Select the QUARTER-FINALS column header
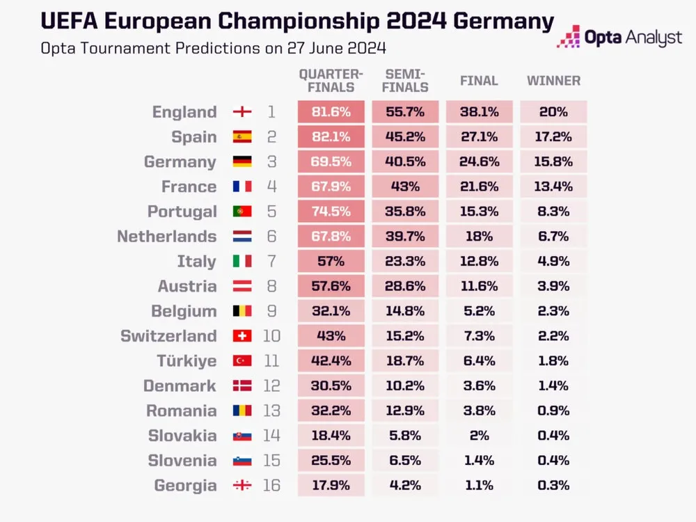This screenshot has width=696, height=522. pos(331,81)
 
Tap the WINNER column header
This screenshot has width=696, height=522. pos(553,81)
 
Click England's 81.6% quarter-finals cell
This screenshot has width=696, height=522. pos(331,112)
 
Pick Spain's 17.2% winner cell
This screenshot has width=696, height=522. pos(553,137)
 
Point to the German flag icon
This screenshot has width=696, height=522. pos(242,162)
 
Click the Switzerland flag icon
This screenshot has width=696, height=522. pos(242,336)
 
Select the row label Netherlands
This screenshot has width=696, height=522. pos(166,237)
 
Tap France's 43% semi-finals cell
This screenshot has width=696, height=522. pos(405,187)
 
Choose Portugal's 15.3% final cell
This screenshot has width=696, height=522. pos(479,212)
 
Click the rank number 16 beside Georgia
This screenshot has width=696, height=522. pos(271,485)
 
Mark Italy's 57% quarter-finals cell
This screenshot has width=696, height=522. pos(331,262)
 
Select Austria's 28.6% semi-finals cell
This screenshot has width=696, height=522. pos(405,286)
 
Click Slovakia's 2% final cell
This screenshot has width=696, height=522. pos(479,436)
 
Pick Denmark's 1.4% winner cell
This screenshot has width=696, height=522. pos(553,386)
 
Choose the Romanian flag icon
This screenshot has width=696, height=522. pos(242,411)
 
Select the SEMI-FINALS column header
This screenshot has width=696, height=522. pos(405,81)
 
